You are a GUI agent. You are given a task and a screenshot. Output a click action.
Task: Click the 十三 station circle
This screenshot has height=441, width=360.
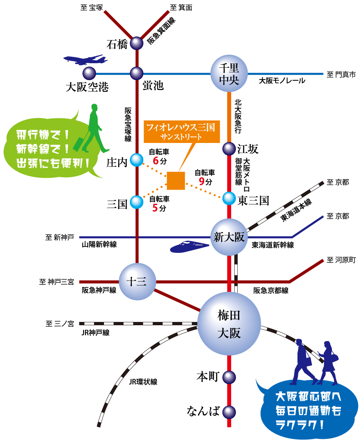pyautogui.click(x=136, y=282)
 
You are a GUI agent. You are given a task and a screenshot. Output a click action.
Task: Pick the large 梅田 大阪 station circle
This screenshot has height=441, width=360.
pyautogui.click(x=229, y=324)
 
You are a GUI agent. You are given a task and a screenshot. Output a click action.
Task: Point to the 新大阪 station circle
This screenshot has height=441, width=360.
pyautogui.click(x=229, y=237)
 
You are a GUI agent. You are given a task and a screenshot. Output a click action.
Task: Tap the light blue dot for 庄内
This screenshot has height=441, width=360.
pyautogui.click(x=137, y=159)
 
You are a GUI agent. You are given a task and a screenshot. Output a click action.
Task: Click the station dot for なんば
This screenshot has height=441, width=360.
pyautogui.click(x=229, y=411)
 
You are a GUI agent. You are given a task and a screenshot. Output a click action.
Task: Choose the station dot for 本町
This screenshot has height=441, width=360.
pyautogui.click(x=229, y=377)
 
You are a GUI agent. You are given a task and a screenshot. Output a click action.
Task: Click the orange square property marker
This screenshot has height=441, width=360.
pyautogui.click(x=176, y=181)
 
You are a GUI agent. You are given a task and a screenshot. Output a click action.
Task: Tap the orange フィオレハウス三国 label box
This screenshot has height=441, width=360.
pyautogui.click(x=181, y=131)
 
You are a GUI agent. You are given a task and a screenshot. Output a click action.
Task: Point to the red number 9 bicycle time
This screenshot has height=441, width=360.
pyautogui.click(x=201, y=181)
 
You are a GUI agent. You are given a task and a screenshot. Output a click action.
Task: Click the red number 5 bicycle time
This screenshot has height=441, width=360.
pyautogui.click(x=155, y=208)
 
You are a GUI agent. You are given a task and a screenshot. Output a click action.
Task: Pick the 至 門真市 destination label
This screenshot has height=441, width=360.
pyautogui.click(x=341, y=75)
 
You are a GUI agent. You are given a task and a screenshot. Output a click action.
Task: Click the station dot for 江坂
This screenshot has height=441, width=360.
pyautogui.click(x=229, y=149)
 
